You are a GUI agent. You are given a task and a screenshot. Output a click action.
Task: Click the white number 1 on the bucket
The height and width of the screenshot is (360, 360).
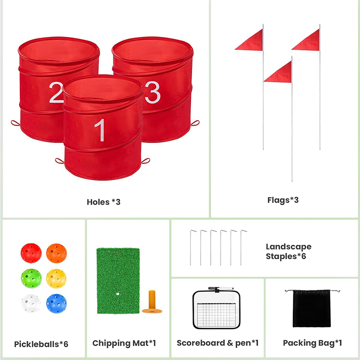[x=100, y=130]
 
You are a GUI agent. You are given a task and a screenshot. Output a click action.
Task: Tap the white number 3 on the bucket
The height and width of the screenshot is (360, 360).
[x=153, y=92]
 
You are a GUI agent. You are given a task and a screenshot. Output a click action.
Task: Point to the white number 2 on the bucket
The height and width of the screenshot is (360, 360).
[x=56, y=92]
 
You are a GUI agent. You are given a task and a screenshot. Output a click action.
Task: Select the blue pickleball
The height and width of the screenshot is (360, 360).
[x=56, y=303]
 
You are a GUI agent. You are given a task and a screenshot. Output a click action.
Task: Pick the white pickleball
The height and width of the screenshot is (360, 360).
[x=31, y=303]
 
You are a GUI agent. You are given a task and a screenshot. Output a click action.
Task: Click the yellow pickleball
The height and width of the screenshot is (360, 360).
[x=56, y=279]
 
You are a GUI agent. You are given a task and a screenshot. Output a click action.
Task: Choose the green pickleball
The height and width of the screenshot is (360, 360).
[x=31, y=278]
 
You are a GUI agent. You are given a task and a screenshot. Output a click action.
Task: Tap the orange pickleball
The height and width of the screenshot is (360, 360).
[x=57, y=253]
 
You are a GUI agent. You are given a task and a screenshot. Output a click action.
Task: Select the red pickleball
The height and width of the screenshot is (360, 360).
[x=31, y=253]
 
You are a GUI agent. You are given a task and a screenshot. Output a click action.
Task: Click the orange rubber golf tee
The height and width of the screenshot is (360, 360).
[x=152, y=302]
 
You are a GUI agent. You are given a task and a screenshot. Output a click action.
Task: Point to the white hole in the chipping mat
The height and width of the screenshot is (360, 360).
[x=118, y=294]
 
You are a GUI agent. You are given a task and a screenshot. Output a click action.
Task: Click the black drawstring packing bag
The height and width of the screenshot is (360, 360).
[x=312, y=308]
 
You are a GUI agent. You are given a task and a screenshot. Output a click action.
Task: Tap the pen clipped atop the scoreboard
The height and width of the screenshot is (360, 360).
[x=221, y=288]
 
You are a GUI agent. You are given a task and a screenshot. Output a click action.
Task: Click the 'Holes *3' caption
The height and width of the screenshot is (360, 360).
[x=103, y=202]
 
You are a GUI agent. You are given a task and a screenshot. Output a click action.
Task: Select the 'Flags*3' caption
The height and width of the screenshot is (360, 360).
[x=283, y=200]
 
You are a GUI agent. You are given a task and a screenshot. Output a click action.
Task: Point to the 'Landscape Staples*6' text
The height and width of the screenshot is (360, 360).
[x=288, y=252]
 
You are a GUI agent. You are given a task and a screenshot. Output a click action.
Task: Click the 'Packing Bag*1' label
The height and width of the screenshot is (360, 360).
[x=312, y=343]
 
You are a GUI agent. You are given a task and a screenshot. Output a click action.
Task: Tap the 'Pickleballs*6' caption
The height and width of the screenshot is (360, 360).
[x=41, y=344]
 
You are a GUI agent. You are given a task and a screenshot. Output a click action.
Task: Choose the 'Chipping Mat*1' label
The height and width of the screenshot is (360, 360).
[x=124, y=343]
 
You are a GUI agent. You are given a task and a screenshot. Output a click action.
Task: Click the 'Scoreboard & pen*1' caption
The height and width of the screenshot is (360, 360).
[x=218, y=343]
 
